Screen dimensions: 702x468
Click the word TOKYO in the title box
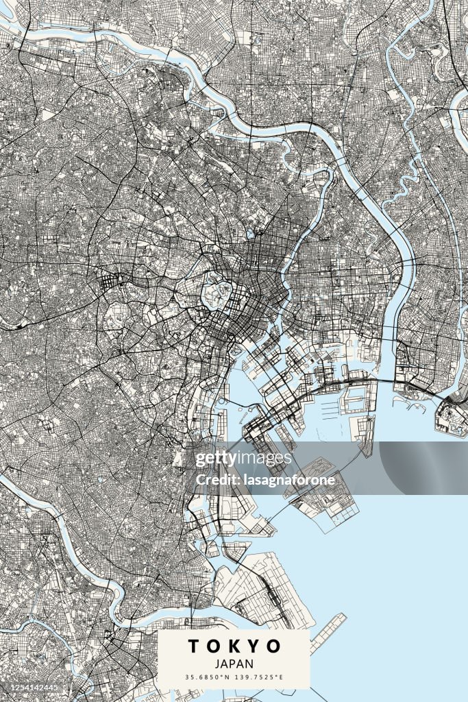234,646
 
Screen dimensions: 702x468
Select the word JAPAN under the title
234,664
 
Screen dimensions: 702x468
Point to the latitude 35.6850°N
208,677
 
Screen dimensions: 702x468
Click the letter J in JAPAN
217,664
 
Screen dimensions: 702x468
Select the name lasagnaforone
288,480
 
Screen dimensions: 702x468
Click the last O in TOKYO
273,646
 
